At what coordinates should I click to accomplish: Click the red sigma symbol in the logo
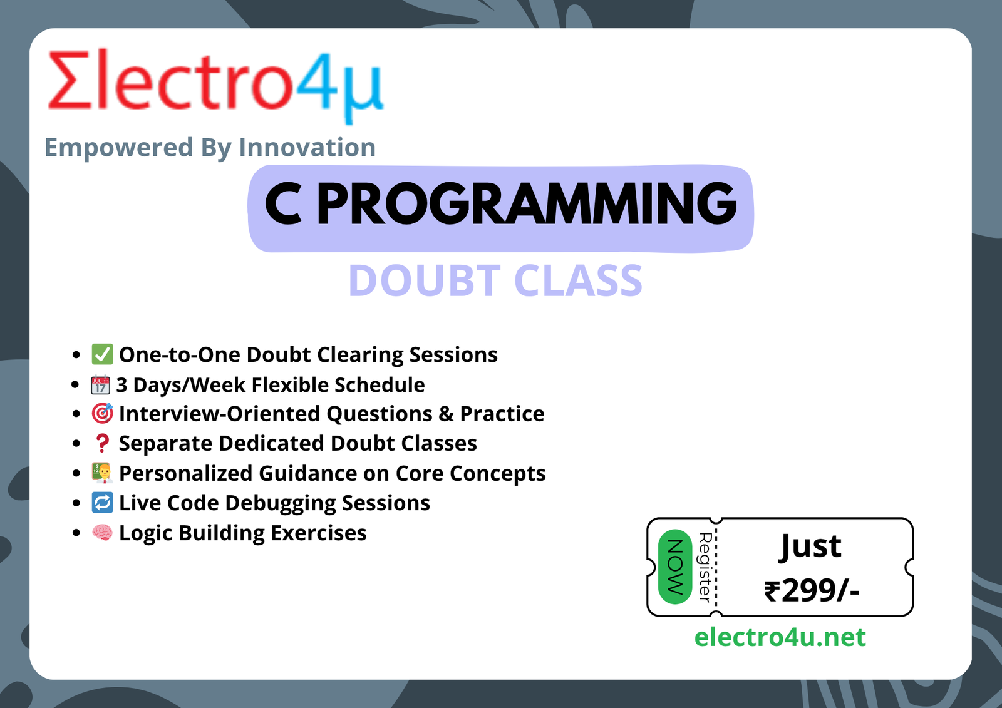(x=70, y=80)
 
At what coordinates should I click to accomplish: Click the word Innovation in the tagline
(x=307, y=148)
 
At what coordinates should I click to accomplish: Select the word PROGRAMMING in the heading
(x=527, y=204)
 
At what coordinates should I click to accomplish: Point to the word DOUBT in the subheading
(x=425, y=280)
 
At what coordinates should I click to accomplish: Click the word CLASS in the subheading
(x=578, y=280)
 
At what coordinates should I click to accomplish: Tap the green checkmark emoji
(x=102, y=354)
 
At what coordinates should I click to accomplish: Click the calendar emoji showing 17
(x=100, y=384)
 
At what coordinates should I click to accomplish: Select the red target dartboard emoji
(x=103, y=413)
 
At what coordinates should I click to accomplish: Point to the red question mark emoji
(x=103, y=443)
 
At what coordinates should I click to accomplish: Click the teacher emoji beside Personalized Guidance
(x=103, y=473)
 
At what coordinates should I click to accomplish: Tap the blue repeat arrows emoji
(x=103, y=503)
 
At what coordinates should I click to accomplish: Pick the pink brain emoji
(x=103, y=533)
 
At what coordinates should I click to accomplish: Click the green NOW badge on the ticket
(x=675, y=567)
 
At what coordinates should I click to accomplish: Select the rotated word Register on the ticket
(x=705, y=567)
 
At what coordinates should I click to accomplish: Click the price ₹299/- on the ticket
(x=812, y=591)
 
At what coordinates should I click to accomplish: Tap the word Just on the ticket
(x=810, y=546)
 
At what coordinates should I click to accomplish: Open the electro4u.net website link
(x=780, y=637)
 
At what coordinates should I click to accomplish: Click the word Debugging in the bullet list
(x=281, y=503)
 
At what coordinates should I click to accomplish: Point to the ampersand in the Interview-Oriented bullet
(x=446, y=414)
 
